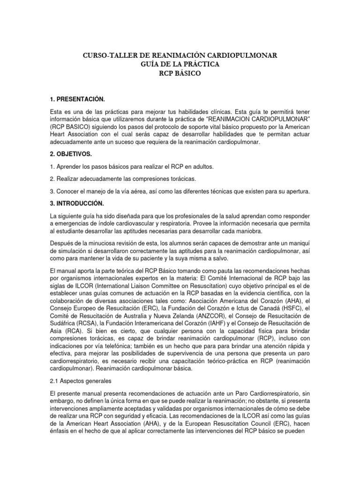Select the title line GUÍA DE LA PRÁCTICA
(180, 64)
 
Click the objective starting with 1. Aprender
(139, 167)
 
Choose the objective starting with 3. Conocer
(180, 192)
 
